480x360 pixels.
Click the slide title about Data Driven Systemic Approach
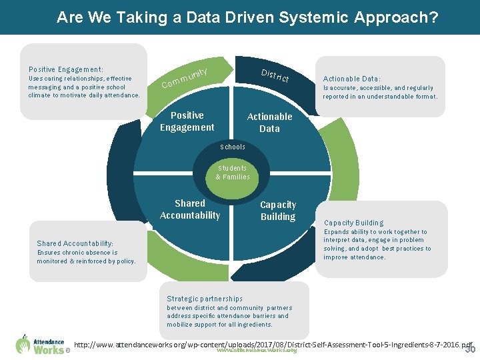[x=247, y=17]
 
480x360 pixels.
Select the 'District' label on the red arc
[x=275, y=75]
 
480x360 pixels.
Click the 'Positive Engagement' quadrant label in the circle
[x=187, y=121]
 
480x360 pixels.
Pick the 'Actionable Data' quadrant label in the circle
[x=269, y=123]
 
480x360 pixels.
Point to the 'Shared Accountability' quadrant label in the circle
[x=190, y=209]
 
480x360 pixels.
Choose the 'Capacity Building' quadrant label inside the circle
[x=278, y=211]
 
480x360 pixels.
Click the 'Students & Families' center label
[x=232, y=173]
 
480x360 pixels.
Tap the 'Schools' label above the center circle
[x=233, y=147]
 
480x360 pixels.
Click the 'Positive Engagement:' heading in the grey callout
[x=66, y=69]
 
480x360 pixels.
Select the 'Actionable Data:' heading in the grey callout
[x=352, y=79]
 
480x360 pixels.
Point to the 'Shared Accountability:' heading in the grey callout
[x=75, y=244]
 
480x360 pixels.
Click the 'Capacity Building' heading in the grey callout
[x=353, y=223]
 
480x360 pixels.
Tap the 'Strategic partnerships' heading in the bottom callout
[x=205, y=299]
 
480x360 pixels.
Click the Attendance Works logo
[x=41, y=343]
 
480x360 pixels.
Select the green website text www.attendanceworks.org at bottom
[x=257, y=350]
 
